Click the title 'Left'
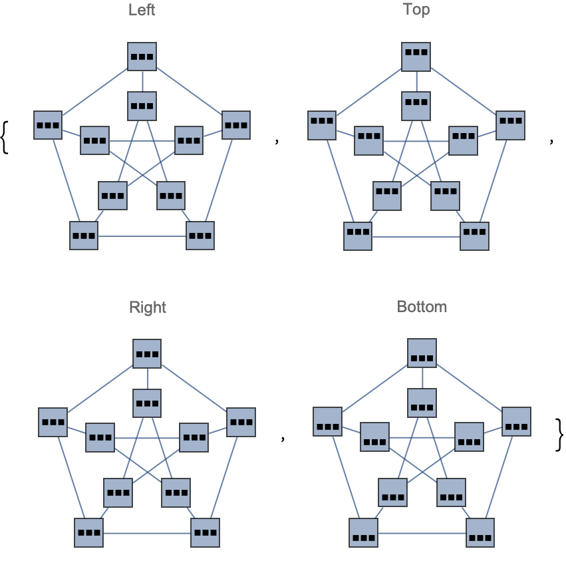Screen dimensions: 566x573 point(142,10)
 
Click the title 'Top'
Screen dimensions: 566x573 point(416,9)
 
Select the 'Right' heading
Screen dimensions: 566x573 point(148,307)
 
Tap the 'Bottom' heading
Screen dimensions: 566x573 point(422,307)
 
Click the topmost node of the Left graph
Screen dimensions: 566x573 point(142,57)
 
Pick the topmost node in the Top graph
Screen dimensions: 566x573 point(416,57)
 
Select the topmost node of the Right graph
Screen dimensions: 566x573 point(147,354)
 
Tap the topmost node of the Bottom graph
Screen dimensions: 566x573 point(422,353)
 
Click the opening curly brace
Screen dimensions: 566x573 point(5,138)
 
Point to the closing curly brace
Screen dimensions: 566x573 point(559,435)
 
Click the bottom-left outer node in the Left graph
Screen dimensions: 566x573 point(84,236)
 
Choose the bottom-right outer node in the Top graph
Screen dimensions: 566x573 point(474,236)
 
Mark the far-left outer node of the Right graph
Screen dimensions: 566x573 point(53,422)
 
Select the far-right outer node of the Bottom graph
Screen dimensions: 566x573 point(516,422)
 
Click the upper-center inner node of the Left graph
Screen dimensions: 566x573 point(142,106)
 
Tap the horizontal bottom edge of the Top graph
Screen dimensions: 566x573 point(416,237)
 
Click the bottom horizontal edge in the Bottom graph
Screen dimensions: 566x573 point(422,534)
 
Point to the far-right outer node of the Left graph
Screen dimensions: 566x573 point(236,125)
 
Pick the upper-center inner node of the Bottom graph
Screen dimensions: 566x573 point(422,403)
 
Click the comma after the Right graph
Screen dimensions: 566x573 point(283,437)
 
